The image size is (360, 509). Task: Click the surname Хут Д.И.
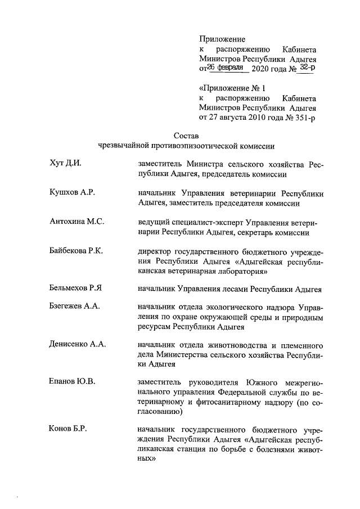(66, 164)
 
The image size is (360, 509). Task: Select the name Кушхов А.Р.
(72, 193)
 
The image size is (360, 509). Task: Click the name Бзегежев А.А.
(74, 307)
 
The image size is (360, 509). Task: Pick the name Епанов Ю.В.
(72, 381)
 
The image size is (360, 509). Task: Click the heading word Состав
(186, 135)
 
